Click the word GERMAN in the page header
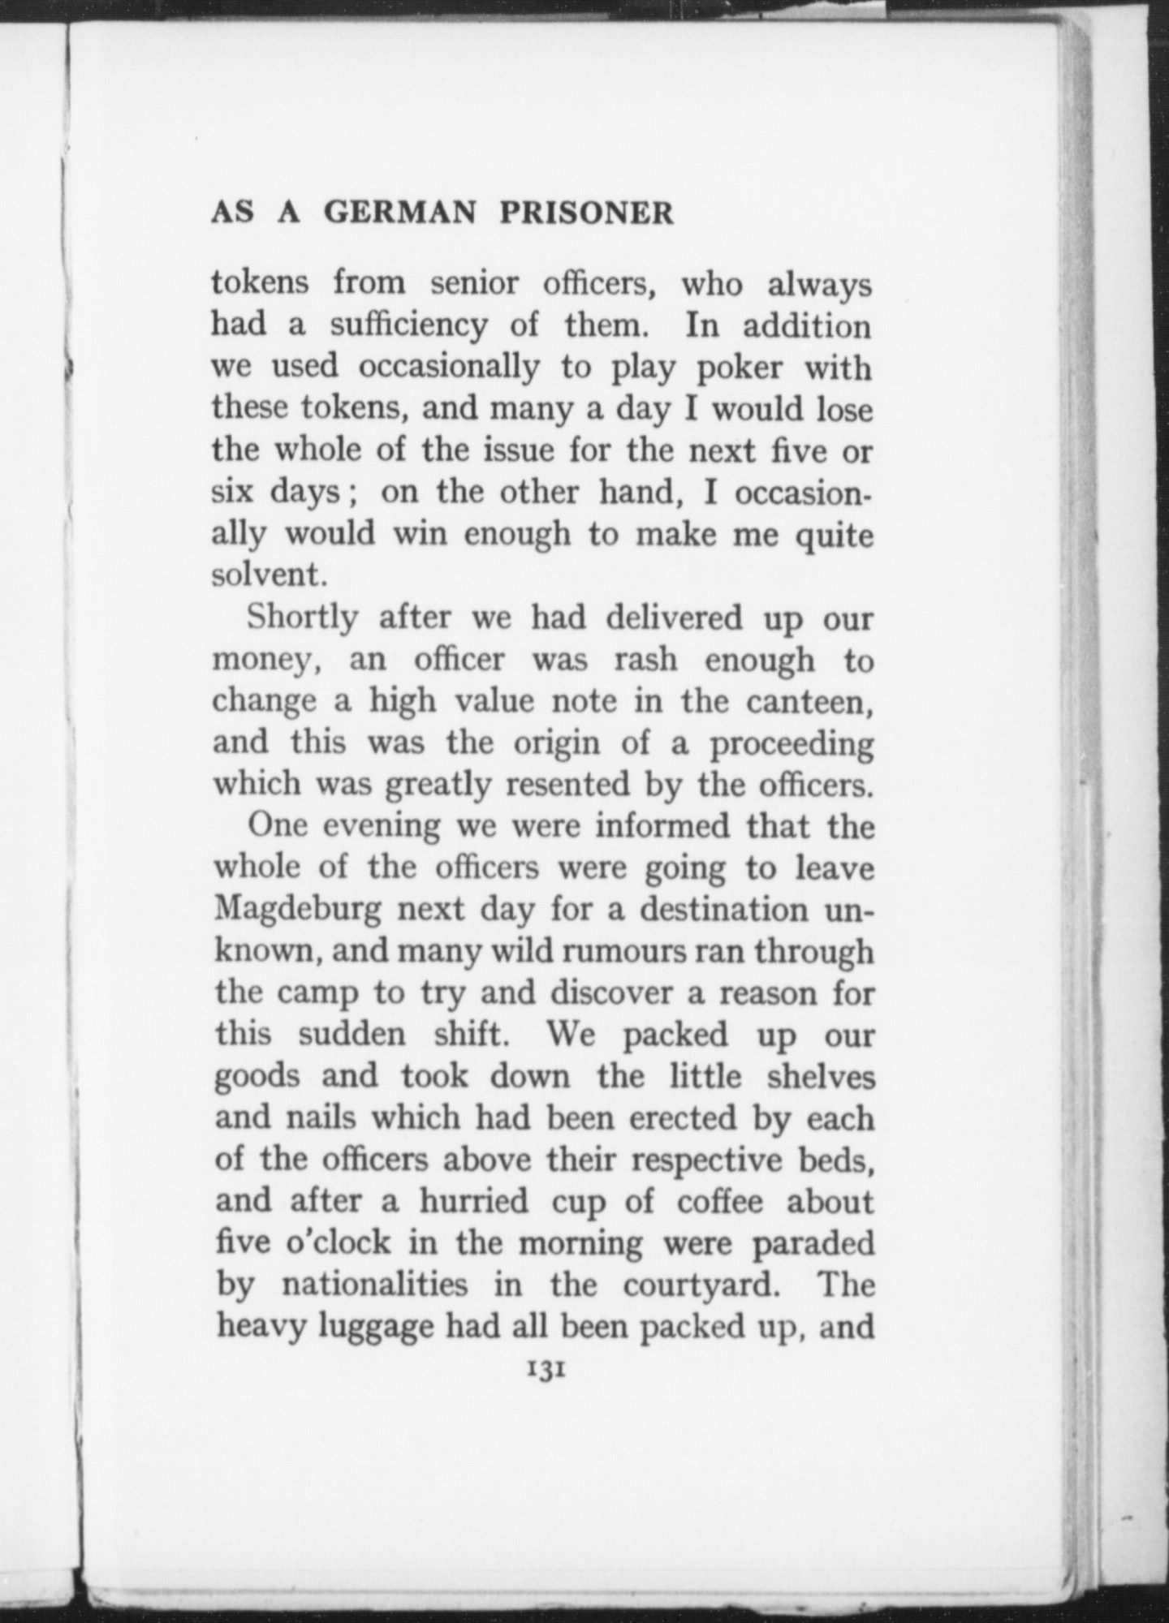[x=399, y=213]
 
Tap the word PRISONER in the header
[x=586, y=213]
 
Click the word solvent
[x=269, y=575]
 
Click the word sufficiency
[x=409, y=326]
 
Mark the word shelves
[x=821, y=1076]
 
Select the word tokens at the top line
[x=260, y=283]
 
